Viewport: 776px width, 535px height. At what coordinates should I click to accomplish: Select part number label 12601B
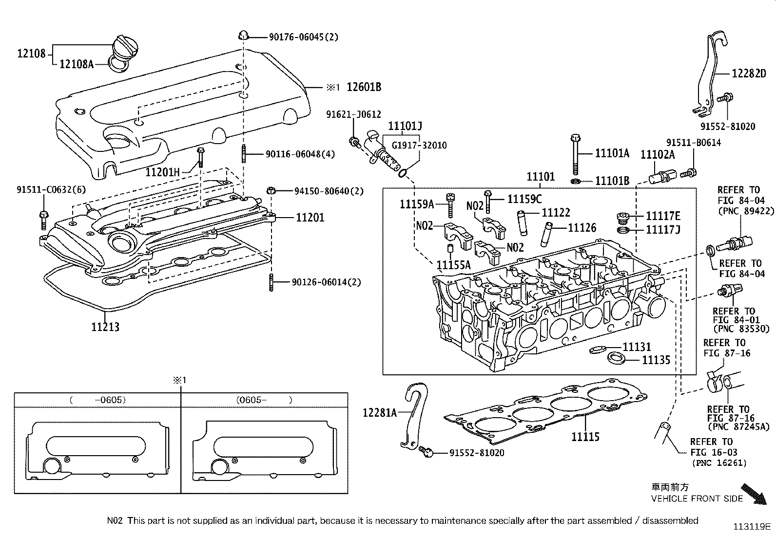tap(364, 87)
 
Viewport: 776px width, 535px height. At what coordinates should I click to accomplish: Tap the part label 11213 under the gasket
tap(105, 327)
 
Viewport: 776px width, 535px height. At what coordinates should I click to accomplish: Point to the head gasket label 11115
tap(585, 437)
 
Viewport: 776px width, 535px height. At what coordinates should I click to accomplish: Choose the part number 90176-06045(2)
tap(304, 37)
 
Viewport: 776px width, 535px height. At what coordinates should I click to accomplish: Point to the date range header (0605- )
tap(264, 400)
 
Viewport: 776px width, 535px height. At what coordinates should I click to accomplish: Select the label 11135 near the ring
tap(656, 360)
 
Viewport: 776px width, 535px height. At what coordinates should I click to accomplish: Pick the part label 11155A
tap(453, 264)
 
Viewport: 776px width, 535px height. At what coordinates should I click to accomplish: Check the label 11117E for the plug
tap(663, 216)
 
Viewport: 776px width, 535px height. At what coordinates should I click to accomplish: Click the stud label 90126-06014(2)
tap(327, 282)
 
